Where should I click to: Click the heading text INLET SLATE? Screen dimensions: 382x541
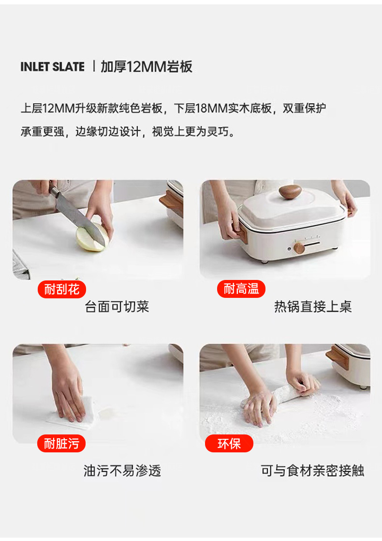pyautogui.click(x=52, y=66)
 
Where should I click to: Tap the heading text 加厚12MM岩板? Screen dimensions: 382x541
pyautogui.click(x=147, y=66)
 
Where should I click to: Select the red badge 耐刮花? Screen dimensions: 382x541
pyautogui.click(x=62, y=289)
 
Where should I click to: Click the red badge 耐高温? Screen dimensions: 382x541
pyautogui.click(x=241, y=289)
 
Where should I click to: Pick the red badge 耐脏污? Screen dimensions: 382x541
pyautogui.click(x=61, y=443)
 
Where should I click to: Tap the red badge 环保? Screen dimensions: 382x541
pyautogui.click(x=229, y=444)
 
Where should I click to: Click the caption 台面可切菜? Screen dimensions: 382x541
pyautogui.click(x=117, y=307)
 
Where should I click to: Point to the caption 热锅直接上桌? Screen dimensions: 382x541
pyautogui.click(x=313, y=307)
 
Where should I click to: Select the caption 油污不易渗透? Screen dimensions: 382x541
pyautogui.click(x=122, y=471)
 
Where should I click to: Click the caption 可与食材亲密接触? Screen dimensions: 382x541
pyautogui.click(x=312, y=471)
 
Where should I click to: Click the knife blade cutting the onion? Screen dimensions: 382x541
pyautogui.click(x=80, y=219)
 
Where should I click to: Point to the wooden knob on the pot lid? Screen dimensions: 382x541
pyautogui.click(x=290, y=192)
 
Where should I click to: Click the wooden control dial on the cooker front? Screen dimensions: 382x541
pyautogui.click(x=299, y=247)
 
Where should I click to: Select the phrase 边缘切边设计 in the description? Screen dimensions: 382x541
pyautogui.click(x=108, y=131)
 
